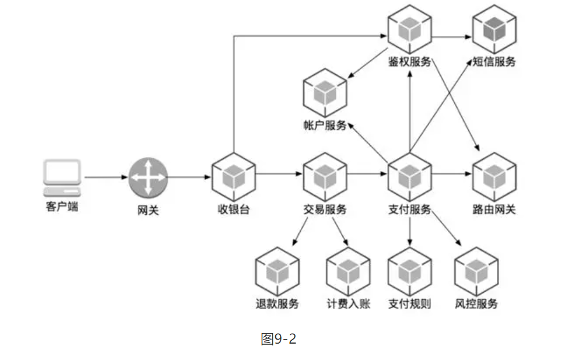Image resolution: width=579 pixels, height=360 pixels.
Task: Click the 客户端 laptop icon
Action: pyautogui.click(x=62, y=178)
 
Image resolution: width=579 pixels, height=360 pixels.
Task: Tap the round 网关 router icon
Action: pyautogui.click(x=148, y=177)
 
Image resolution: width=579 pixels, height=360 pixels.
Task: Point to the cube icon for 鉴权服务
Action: pyautogui.click(x=410, y=28)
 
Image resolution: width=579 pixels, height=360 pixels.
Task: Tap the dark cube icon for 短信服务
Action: pyautogui.click(x=494, y=28)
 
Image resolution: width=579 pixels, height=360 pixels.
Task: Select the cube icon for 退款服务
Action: pyautogui.click(x=278, y=270)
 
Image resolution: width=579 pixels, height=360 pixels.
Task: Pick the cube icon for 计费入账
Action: pyautogui.click(x=348, y=270)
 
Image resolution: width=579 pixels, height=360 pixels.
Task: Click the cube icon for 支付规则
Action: pyautogui.click(x=410, y=270)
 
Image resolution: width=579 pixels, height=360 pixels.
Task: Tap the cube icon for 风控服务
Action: pyautogui.click(x=476, y=270)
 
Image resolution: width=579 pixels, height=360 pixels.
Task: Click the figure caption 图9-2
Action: pyautogui.click(x=278, y=339)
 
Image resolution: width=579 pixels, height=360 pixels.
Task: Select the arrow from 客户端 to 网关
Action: pyautogui.click(x=106, y=177)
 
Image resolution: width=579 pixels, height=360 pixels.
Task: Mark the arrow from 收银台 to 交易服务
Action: pyautogui.click(x=279, y=173)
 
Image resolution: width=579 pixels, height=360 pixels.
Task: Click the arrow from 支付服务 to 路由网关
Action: pyautogui.click(x=452, y=173)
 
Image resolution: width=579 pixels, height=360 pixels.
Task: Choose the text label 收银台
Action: pyautogui.click(x=233, y=209)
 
